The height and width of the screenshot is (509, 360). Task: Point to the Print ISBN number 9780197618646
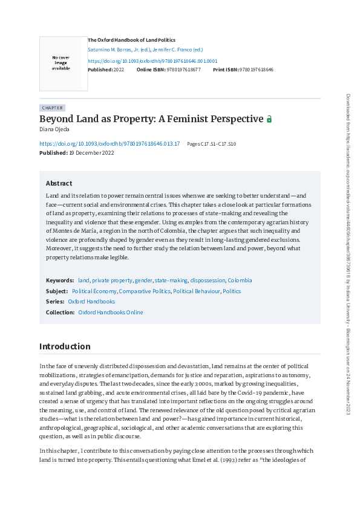point(257,70)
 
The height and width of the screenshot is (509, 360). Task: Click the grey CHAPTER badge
point(52,108)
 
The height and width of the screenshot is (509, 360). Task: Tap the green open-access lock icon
point(269,119)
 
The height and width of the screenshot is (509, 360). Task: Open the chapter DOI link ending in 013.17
point(110,144)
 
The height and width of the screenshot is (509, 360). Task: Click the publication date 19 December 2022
point(91,153)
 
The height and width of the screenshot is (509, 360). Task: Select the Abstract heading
point(59,183)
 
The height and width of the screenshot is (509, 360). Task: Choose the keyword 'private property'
point(112,280)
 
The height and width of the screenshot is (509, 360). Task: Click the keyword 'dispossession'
point(207,280)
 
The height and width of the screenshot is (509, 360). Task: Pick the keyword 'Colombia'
point(240,280)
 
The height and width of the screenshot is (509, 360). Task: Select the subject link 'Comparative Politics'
point(144,291)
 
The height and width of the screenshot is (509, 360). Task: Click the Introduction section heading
point(65,346)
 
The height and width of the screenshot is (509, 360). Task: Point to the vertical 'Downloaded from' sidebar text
point(348,254)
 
